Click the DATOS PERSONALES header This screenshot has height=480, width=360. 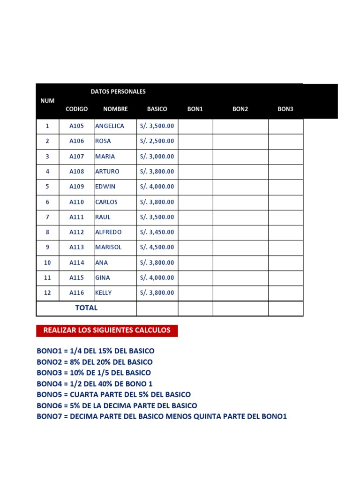118,91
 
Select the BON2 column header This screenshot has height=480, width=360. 240,109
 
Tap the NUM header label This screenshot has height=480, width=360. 47,101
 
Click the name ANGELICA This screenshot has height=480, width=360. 110,126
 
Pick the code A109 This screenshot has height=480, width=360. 77,187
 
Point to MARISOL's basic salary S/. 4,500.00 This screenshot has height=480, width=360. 157,247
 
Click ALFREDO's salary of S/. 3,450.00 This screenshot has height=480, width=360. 157,232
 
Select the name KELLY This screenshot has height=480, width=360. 104,292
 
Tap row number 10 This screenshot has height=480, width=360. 47,262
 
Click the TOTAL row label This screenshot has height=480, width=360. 87,308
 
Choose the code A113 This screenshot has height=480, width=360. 77,247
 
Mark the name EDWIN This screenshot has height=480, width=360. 106,187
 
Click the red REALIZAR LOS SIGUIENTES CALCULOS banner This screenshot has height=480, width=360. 107,330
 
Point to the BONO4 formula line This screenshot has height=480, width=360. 95,383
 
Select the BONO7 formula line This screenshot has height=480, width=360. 162,416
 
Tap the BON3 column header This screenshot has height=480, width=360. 285,109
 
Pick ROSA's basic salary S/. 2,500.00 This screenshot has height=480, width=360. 157,141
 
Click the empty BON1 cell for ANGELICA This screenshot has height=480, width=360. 195,126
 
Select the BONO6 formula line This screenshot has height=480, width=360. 117,405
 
